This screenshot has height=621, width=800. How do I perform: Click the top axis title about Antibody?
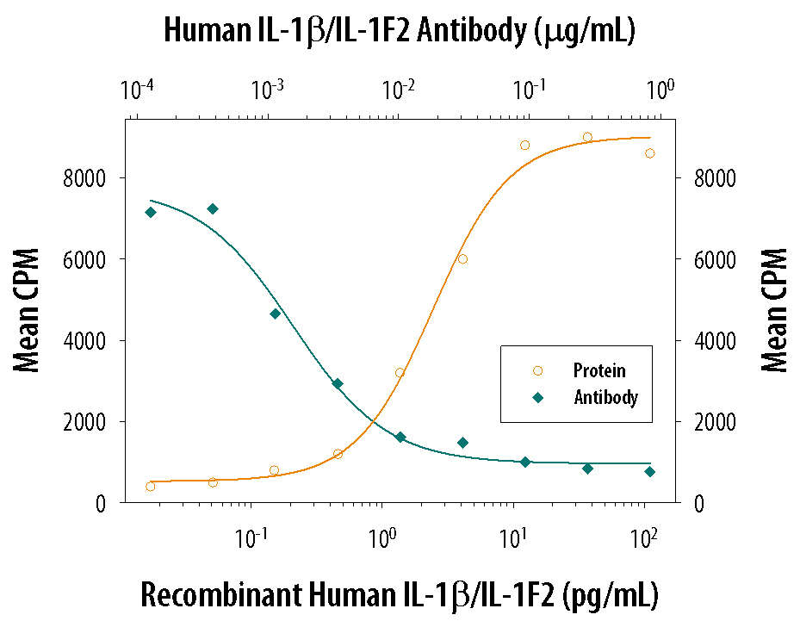[x=399, y=31]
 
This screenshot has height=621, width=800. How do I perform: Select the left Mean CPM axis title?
[x=28, y=311]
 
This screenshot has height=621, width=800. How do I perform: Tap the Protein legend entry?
[x=599, y=370]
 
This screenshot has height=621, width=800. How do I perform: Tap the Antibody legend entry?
[x=605, y=398]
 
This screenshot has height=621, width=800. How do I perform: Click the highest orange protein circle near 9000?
[x=587, y=137]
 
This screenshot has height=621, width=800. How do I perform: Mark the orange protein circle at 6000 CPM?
[x=462, y=258]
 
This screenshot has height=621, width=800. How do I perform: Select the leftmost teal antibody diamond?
[x=151, y=212]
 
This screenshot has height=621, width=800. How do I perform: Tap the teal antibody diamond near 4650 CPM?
[x=276, y=314]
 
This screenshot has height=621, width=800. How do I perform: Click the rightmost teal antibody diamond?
[x=650, y=471]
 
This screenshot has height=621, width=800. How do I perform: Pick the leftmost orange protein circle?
[x=151, y=487]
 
